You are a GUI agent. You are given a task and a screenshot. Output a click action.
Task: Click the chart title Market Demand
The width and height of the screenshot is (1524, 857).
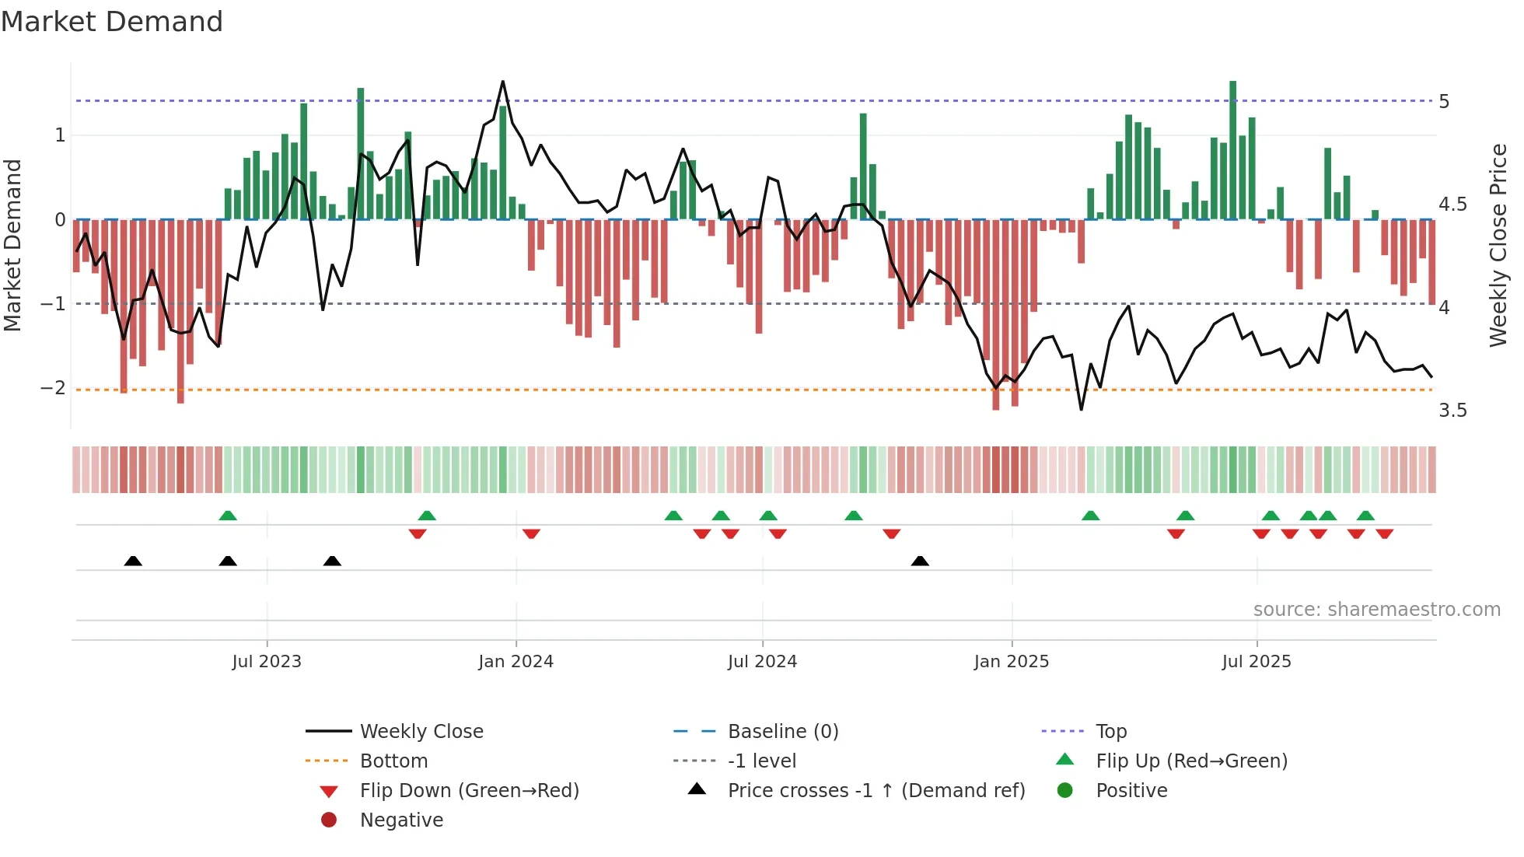tap(112, 22)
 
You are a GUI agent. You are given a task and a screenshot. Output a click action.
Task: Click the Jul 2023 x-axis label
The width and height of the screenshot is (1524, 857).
tap(266, 662)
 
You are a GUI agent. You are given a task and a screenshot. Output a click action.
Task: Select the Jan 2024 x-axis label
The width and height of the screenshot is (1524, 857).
tap(516, 662)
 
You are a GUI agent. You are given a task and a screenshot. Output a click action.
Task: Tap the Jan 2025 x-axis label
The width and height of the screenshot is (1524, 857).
tap(1011, 662)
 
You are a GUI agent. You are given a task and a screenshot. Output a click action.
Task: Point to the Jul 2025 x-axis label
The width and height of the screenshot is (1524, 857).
tap(1256, 662)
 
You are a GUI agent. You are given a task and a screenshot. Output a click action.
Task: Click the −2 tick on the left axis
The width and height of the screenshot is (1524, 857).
tap(53, 387)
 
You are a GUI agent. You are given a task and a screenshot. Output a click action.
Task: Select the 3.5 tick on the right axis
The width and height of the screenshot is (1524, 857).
tap(1452, 411)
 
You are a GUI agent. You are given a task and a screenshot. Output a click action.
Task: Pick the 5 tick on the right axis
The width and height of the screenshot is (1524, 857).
tap(1444, 102)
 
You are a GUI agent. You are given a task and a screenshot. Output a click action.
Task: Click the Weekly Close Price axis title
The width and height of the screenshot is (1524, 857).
tap(1498, 245)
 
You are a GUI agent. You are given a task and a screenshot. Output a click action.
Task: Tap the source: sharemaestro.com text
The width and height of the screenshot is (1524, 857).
tap(1376, 610)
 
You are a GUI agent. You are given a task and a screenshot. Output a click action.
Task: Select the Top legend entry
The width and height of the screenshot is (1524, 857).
tap(1110, 732)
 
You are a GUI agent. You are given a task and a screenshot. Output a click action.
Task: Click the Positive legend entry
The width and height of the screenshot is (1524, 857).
tap(1131, 791)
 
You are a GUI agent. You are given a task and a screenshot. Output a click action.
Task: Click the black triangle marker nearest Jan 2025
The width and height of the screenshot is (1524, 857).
tap(920, 561)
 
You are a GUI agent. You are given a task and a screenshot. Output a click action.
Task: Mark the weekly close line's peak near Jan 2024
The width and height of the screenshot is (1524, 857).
tap(503, 81)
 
